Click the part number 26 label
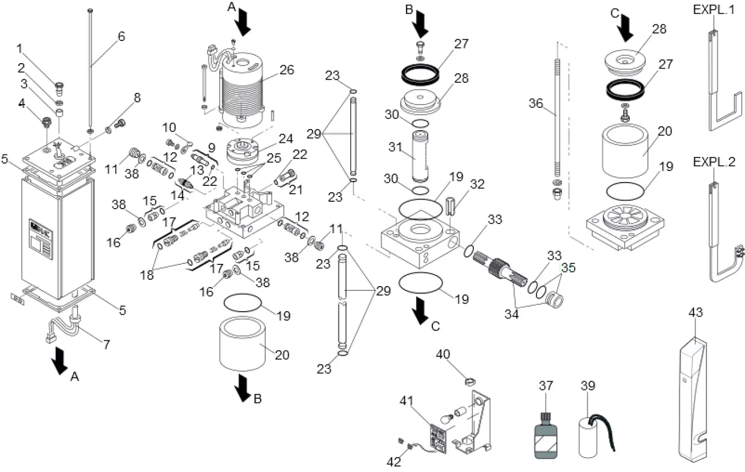pyautogui.click(x=287, y=70)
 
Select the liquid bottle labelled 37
pyautogui.click(x=545, y=432)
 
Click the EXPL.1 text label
pyautogui.click(x=714, y=10)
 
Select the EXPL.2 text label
pyautogui.click(x=714, y=162)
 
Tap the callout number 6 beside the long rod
pyautogui.click(x=122, y=37)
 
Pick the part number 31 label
pyautogui.click(x=394, y=147)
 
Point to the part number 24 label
pyautogui.click(x=286, y=139)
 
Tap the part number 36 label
pyautogui.click(x=535, y=103)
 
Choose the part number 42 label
pyautogui.click(x=393, y=462)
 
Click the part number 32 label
pyautogui.click(x=477, y=184)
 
